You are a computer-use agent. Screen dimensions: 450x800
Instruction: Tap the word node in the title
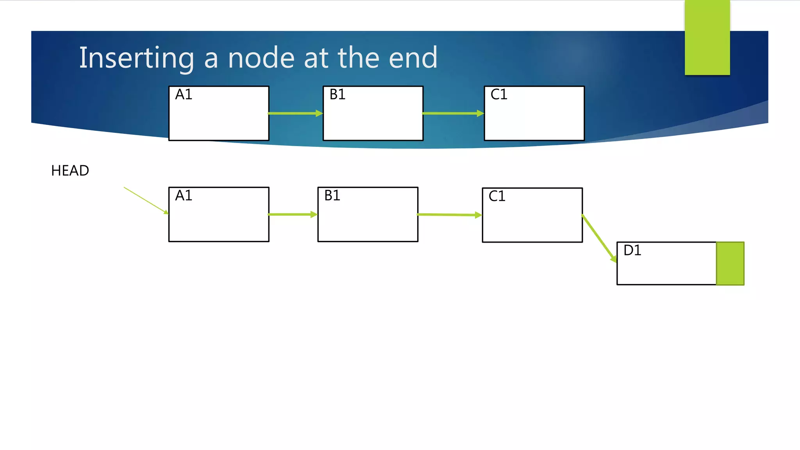pyautogui.click(x=261, y=58)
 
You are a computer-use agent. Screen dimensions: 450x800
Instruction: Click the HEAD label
pyautogui.click(x=70, y=171)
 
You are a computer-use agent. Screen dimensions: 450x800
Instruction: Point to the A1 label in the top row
pyautogui.click(x=184, y=95)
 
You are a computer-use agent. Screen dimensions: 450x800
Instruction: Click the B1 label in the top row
pyautogui.click(x=337, y=95)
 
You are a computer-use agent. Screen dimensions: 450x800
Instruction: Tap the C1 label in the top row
pyautogui.click(x=499, y=95)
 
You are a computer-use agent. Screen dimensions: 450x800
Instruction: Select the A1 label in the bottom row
pyautogui.click(x=184, y=195)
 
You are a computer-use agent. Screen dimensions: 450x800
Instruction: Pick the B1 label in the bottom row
pyautogui.click(x=332, y=195)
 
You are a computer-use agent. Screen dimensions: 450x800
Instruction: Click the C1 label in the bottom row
pyautogui.click(x=497, y=196)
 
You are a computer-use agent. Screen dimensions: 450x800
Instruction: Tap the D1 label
pyautogui.click(x=632, y=250)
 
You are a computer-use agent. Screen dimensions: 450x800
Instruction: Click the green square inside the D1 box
pyautogui.click(x=730, y=263)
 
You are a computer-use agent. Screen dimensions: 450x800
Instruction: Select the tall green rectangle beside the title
pyautogui.click(x=707, y=37)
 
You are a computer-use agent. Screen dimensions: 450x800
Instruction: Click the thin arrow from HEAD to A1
pyautogui.click(x=145, y=200)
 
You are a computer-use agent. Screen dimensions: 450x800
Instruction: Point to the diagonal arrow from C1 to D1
pyautogui.click(x=598, y=237)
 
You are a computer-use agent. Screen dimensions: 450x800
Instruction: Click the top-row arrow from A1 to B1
pyautogui.click(x=295, y=113)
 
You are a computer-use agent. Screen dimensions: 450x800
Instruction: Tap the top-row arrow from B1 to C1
pyautogui.click(x=452, y=113)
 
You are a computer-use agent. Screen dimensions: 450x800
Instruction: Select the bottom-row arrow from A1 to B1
pyautogui.click(x=292, y=214)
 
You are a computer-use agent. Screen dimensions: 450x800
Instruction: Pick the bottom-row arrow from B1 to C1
pyautogui.click(x=449, y=215)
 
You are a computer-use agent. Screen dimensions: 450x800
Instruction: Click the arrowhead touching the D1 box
pyautogui.click(x=614, y=259)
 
